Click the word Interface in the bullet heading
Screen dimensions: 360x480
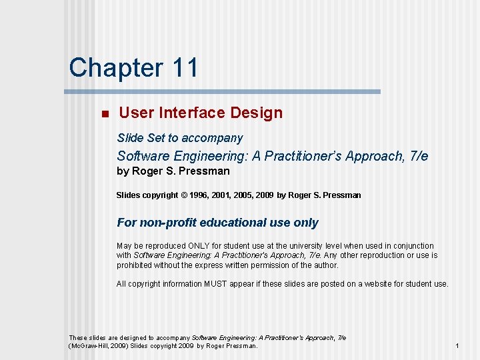192,113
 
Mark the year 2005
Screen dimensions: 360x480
245,195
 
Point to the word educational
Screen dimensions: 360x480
231,223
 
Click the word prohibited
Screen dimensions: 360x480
135,265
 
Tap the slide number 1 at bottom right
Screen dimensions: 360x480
457,346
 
